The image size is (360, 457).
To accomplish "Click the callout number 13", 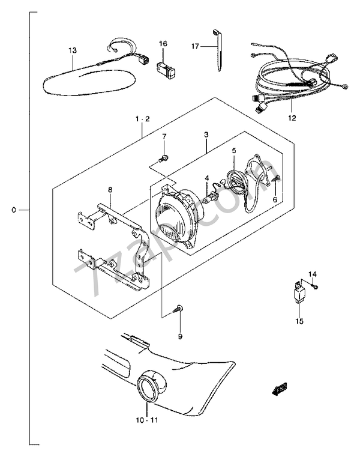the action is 73,50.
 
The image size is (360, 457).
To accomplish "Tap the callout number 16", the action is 163,44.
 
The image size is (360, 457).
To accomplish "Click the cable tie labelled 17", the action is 218,50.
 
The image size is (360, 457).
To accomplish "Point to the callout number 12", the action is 292,118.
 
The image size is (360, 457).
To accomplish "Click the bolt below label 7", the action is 163,159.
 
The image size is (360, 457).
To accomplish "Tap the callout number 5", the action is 234,151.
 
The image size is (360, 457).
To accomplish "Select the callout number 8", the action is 110,190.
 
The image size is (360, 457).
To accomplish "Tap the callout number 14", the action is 313,274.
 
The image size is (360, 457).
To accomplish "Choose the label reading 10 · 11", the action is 147,420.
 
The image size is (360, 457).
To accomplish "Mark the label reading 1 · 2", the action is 142,119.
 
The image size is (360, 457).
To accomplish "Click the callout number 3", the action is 206,135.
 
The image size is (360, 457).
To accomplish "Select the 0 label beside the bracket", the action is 14,210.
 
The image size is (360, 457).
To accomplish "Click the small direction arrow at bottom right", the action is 279,389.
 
